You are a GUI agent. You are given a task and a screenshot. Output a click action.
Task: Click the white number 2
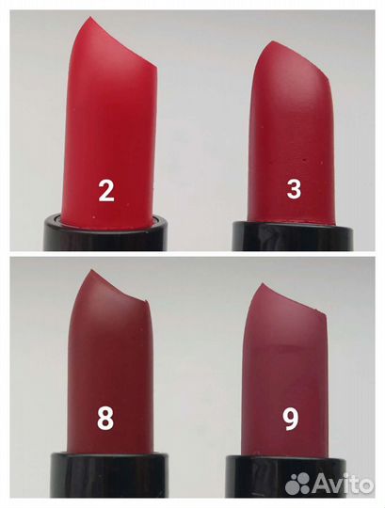click(x=106, y=190)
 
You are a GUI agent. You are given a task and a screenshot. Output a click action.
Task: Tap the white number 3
click(x=294, y=188)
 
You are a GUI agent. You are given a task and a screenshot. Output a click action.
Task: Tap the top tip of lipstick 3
click(x=274, y=42)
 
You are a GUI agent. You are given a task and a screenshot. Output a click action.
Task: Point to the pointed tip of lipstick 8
click(x=92, y=271)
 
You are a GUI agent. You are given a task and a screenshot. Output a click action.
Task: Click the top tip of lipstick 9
click(x=265, y=284)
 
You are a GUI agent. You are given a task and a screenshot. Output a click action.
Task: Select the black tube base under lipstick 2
click(x=106, y=232)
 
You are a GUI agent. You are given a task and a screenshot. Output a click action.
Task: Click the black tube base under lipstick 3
click(x=293, y=236)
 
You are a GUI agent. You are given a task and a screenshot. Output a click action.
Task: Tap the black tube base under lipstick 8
click(x=109, y=474)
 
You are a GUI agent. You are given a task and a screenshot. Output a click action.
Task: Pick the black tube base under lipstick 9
click(x=285, y=476)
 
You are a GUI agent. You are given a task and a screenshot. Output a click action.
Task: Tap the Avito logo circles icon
click(x=298, y=484)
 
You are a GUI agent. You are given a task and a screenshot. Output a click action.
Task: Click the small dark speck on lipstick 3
click(x=304, y=160)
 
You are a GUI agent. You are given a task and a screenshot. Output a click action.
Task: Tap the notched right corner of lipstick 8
click(x=148, y=302)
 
